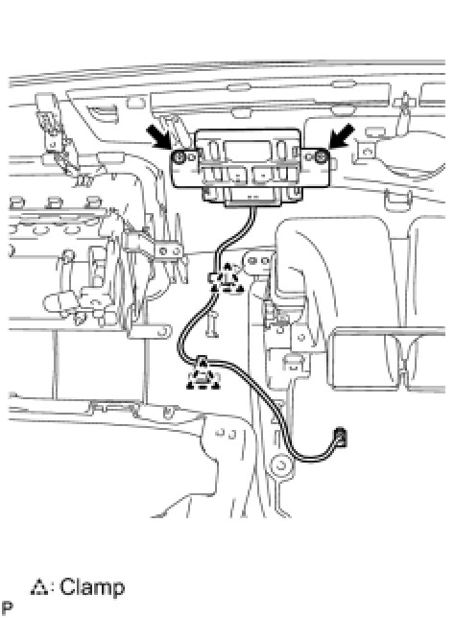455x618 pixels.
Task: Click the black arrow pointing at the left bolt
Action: pyautogui.click(x=159, y=137)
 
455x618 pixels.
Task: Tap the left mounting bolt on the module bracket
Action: pyautogui.click(x=180, y=157)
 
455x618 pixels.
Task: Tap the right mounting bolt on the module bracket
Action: pyautogui.click(x=321, y=157)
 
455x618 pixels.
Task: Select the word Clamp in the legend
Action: pyautogui.click(x=92, y=587)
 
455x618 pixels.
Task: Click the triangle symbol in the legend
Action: pyautogui.click(x=39, y=587)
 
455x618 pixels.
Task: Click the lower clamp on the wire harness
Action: pyautogui.click(x=203, y=373)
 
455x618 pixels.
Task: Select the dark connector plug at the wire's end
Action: pyautogui.click(x=341, y=437)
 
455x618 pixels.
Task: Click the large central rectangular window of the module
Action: pyautogui.click(x=248, y=151)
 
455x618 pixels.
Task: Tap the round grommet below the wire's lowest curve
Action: pyautogui.click(x=281, y=465)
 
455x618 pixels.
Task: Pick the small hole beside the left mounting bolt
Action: pyautogui.click(x=192, y=157)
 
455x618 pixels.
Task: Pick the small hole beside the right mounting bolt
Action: pyautogui.click(x=309, y=157)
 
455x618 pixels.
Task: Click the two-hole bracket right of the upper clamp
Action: pyautogui.click(x=257, y=261)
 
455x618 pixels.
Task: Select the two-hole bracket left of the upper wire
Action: pyautogui.click(x=169, y=251)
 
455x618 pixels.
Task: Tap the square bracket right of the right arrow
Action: pyautogui.click(x=368, y=152)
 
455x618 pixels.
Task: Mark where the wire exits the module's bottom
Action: pyautogui.click(x=252, y=207)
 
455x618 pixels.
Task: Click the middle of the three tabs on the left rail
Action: pyautogui.click(x=54, y=202)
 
